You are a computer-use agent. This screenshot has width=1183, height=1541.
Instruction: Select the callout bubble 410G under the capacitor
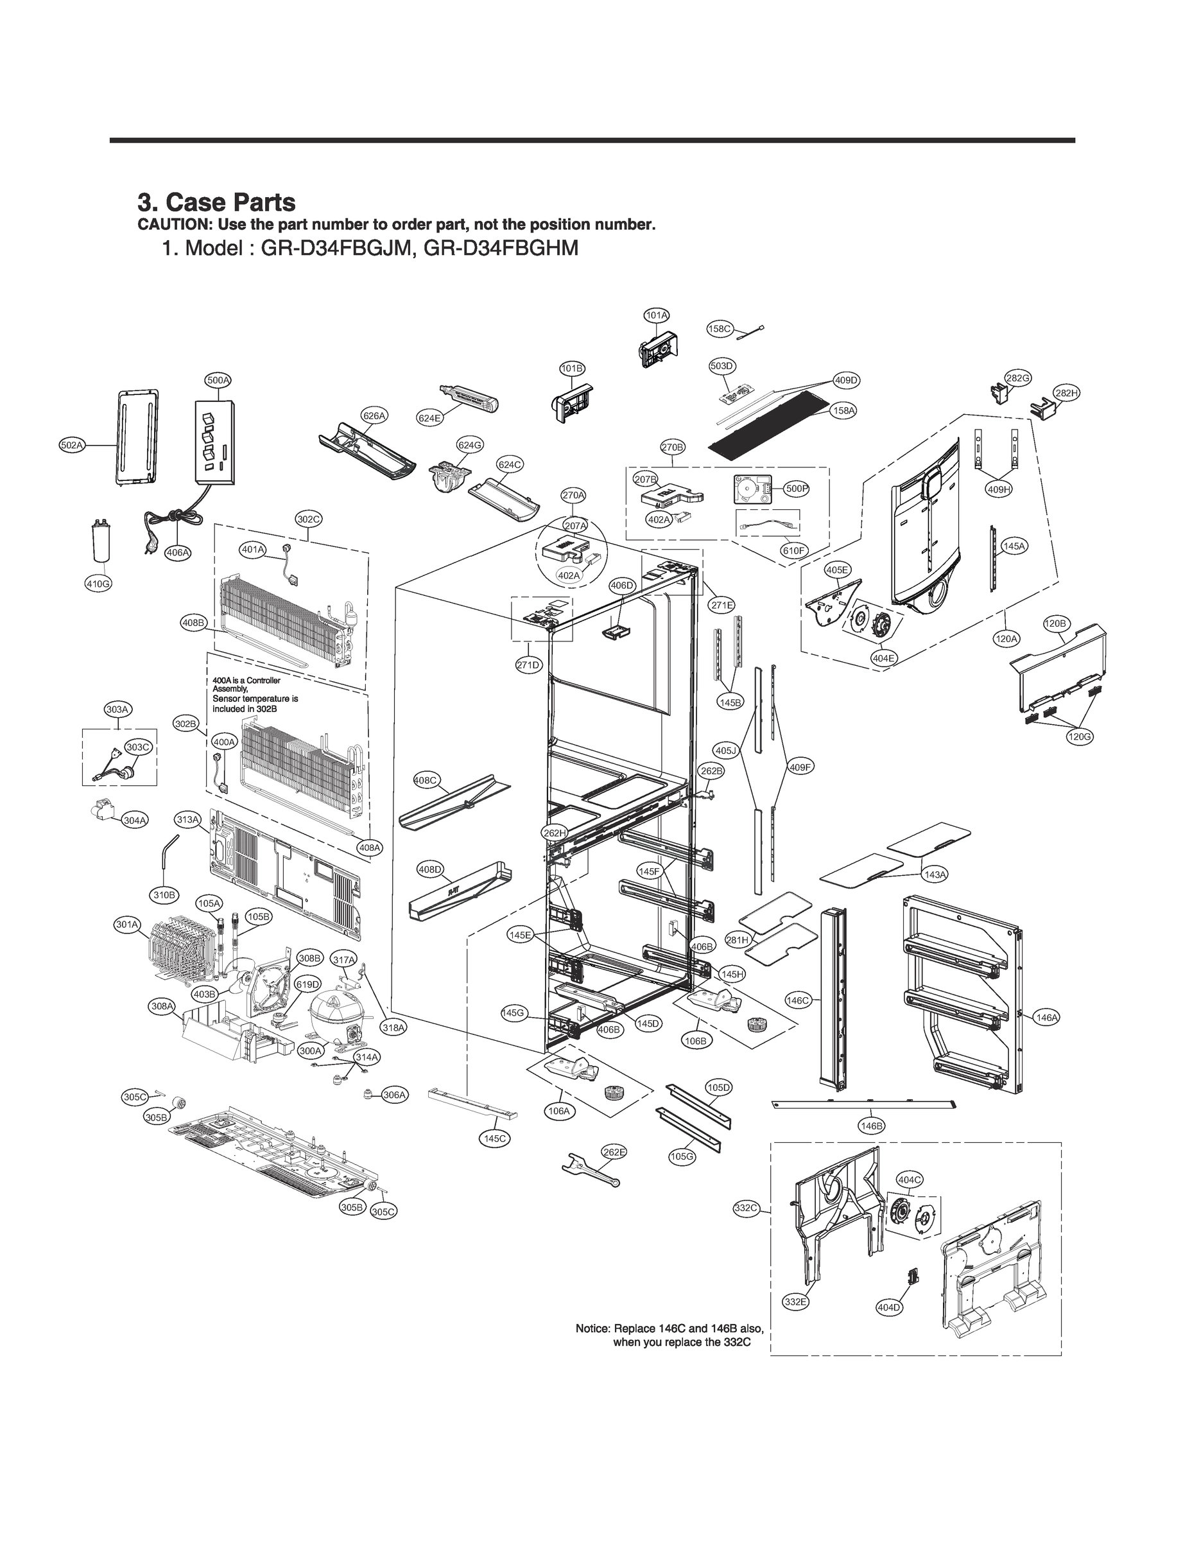(x=98, y=584)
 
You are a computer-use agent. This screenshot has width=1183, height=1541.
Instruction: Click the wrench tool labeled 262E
(x=590, y=1172)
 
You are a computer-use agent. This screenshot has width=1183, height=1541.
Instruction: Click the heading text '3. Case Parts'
(x=216, y=202)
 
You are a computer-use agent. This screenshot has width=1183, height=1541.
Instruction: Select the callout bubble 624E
(x=429, y=419)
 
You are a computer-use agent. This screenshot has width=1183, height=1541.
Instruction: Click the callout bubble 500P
(x=797, y=489)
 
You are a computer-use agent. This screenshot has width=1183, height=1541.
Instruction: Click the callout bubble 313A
(x=188, y=820)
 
